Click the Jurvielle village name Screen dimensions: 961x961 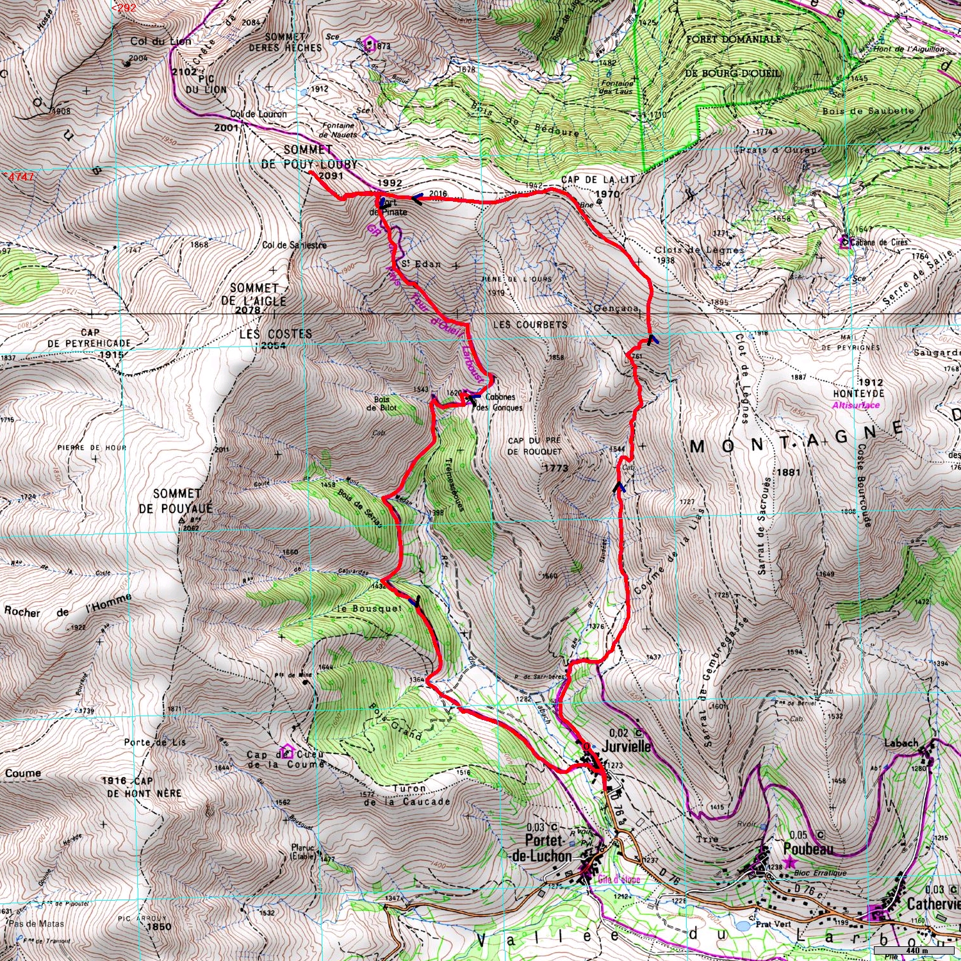(626, 746)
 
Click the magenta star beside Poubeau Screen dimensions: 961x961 (789, 863)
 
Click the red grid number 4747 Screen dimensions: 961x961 (21, 177)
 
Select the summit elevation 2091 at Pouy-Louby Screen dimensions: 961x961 (331, 176)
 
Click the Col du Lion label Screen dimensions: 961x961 (160, 42)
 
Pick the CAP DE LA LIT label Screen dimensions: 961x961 (598, 180)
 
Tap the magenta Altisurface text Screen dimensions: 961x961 (856, 405)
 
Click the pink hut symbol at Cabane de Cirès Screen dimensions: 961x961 (844, 242)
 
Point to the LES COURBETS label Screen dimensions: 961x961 (530, 325)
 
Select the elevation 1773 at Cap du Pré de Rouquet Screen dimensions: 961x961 (556, 468)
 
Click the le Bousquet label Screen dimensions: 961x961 (368, 608)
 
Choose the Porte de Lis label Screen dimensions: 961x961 (155, 742)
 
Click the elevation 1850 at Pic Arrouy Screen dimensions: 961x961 (158, 926)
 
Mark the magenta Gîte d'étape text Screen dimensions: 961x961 (618, 880)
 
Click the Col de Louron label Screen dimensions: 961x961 (258, 114)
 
